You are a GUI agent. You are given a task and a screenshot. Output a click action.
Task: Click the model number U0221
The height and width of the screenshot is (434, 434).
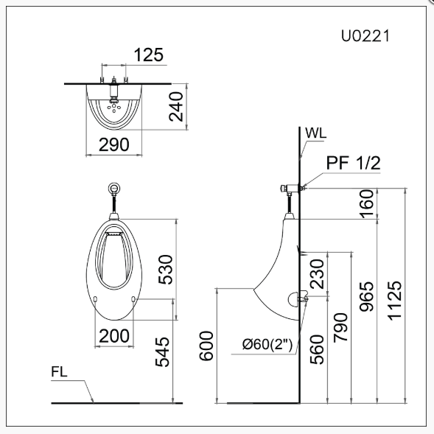pyautogui.click(x=365, y=35)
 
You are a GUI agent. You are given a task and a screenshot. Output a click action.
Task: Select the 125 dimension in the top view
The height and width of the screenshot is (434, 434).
pyautogui.click(x=149, y=55)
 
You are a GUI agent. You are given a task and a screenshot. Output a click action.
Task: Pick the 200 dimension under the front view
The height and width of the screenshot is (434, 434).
pyautogui.click(x=114, y=336)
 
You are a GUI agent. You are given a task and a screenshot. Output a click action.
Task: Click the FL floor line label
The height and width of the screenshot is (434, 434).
pyautogui.click(x=60, y=373)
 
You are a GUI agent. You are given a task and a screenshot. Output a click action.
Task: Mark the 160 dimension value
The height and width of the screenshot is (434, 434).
pyautogui.click(x=366, y=203)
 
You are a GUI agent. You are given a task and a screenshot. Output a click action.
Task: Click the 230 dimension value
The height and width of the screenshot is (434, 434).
pyautogui.click(x=316, y=273)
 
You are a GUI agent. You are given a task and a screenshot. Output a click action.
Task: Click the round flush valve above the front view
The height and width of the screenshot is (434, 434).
pyautogui.click(x=114, y=188)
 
